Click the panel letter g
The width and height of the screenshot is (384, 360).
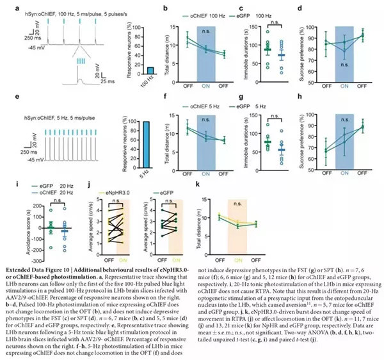[x=241, y=98]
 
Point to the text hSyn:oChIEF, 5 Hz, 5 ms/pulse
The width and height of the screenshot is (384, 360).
[x=59, y=109]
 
